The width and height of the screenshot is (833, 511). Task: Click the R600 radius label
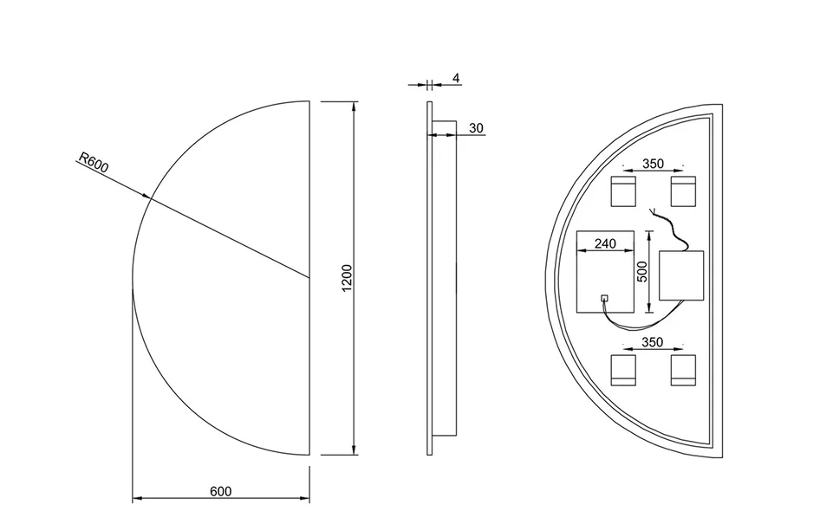click(94, 163)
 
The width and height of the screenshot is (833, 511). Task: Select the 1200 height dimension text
click(347, 278)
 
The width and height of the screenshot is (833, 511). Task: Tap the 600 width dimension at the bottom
click(220, 491)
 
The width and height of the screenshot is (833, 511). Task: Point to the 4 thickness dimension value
click(456, 78)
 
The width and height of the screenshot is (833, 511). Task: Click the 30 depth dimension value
click(477, 128)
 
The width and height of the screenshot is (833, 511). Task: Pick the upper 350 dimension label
click(653, 164)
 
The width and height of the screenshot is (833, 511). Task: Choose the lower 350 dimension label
click(653, 342)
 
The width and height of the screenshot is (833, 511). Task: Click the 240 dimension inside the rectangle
click(605, 243)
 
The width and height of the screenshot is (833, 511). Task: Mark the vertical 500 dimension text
click(642, 272)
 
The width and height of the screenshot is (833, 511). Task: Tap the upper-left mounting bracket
click(623, 191)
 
